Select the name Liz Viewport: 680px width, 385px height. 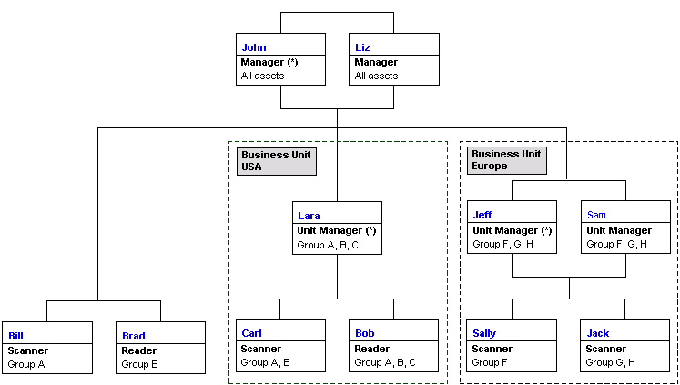(x=361, y=46)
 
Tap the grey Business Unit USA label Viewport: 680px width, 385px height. (x=276, y=161)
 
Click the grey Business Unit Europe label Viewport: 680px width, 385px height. (x=506, y=161)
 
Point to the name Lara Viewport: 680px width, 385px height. (x=309, y=216)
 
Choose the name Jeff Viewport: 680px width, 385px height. (x=482, y=216)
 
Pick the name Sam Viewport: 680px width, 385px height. (x=596, y=216)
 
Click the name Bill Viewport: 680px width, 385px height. (x=15, y=336)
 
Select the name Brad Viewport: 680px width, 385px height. (x=133, y=336)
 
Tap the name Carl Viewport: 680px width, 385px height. (x=250, y=334)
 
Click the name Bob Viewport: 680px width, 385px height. (x=364, y=334)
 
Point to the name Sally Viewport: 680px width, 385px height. (x=484, y=334)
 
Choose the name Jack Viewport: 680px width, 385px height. (x=597, y=334)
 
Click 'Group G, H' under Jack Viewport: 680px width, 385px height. (x=611, y=362)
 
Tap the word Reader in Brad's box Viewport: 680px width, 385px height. (x=138, y=350)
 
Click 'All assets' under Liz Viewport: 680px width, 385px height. (x=376, y=76)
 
